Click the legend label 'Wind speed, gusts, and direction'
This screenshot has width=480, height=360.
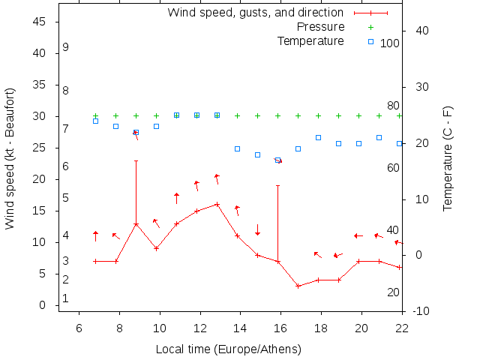(255, 13)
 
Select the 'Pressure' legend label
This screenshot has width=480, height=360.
(320, 27)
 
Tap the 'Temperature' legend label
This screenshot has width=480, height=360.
(310, 40)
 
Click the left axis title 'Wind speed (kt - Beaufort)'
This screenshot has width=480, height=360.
(10, 158)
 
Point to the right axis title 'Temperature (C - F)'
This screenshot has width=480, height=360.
(448, 158)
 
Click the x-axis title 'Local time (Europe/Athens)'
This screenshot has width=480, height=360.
(228, 349)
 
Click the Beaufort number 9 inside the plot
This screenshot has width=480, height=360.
(66, 47)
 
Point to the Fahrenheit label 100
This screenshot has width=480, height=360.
(389, 43)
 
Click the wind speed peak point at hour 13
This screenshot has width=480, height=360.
(217, 204)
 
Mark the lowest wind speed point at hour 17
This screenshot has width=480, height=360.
(298, 286)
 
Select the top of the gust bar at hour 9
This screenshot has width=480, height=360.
(136, 160)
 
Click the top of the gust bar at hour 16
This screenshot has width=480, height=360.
(277, 185)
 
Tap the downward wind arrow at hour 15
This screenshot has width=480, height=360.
(257, 229)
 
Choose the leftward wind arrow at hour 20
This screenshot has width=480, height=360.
(358, 235)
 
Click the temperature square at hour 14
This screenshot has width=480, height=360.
(237, 148)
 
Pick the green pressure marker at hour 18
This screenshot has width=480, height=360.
(318, 116)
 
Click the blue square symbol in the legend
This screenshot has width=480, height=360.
(370, 40)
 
